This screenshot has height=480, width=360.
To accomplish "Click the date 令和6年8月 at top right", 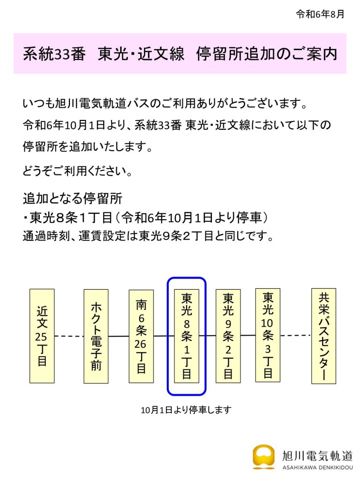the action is coord(320,14).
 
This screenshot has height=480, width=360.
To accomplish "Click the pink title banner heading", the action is coord(180,53).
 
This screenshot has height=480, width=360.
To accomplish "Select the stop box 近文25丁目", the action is coord(42,336).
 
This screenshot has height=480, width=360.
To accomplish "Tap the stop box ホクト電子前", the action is coord(96,336).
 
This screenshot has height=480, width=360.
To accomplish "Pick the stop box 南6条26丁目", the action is coord(141,336).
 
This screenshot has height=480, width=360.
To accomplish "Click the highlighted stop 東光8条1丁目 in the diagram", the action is coord(187,336).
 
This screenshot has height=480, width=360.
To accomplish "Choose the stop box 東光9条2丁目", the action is coord(228,336).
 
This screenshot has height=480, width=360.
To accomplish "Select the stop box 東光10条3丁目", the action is coord(268,335).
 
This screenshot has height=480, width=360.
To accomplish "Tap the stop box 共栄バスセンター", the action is coord(323,336).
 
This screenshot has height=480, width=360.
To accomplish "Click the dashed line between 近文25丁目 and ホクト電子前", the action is coord(69,336).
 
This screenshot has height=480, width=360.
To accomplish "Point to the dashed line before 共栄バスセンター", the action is coord(296,335).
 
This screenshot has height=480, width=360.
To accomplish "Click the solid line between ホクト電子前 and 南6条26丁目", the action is coord(119,336).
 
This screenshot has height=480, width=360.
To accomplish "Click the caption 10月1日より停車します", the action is coord(186,410).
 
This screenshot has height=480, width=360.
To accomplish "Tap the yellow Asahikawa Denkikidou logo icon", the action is coord(263,457).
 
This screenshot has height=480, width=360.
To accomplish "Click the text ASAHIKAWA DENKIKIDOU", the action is coord(317,468).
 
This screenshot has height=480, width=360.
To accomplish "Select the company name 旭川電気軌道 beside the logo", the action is coord(317,456).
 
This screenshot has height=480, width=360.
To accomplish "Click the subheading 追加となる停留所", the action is coord(73,198).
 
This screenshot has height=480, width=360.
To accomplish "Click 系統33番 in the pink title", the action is coord(54,54).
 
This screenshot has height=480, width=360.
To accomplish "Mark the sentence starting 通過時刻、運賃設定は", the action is coord(148,236).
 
